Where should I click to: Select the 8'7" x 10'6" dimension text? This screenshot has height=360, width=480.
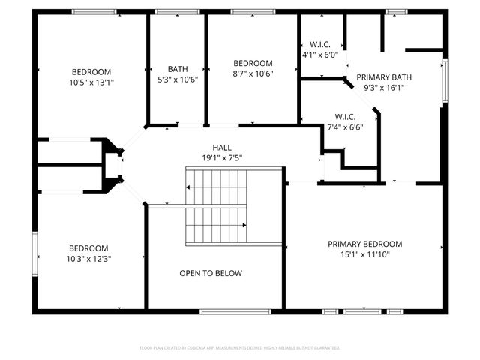tap(252, 73)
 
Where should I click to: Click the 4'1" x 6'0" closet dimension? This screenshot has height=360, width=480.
tap(320, 54)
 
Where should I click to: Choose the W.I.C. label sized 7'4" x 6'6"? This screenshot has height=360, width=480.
tap(344, 116)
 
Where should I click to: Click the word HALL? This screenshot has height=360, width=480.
tap(221, 148)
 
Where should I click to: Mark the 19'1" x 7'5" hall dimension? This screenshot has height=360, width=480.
tap(221, 157)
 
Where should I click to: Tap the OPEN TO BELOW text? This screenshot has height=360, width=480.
tap(211, 273)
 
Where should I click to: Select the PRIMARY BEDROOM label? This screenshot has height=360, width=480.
tap(364, 244)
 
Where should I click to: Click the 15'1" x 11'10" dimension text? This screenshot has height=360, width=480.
tap(364, 254)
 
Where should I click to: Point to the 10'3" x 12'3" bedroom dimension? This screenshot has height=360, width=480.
tap(89, 259)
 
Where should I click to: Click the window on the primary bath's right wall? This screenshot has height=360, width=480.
tap(445, 81)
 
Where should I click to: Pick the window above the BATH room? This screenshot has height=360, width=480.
tap(177, 12)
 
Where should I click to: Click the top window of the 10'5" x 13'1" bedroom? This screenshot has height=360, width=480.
tap(94, 12)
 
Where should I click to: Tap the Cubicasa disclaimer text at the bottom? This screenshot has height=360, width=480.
tap(240, 348)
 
